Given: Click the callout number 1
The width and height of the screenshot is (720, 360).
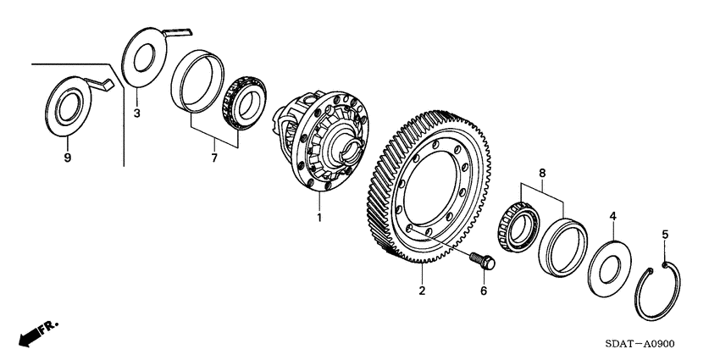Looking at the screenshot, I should click(x=319, y=218).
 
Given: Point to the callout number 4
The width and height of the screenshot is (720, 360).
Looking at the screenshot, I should click(x=612, y=217).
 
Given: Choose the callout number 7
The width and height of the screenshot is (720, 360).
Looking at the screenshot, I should click(x=214, y=158).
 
